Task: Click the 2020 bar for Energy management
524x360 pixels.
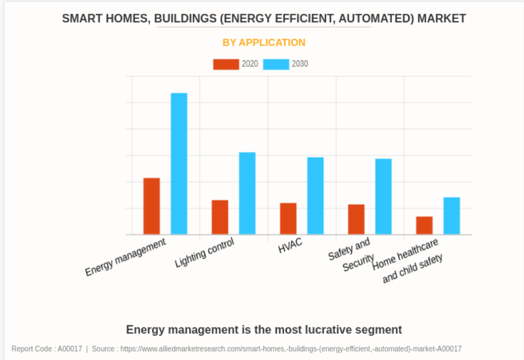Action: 152,206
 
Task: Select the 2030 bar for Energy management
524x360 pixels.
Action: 179,164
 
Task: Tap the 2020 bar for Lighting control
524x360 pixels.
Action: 220,217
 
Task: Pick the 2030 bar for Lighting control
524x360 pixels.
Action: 247,193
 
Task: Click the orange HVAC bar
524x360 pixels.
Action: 288,219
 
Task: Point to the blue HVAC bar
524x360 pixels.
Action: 315,196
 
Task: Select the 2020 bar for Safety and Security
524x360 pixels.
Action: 356,219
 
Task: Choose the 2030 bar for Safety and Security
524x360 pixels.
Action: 383,196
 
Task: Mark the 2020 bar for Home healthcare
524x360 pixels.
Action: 424,225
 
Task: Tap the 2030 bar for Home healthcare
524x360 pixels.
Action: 452,215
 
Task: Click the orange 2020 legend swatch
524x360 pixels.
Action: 226,64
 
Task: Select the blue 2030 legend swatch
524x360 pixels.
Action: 276,64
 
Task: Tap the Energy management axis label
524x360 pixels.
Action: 126,257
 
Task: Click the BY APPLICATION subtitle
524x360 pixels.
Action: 264,43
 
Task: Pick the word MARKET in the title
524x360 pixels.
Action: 442,18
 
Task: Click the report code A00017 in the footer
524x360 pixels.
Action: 70,349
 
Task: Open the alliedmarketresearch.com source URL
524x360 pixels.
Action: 291,349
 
